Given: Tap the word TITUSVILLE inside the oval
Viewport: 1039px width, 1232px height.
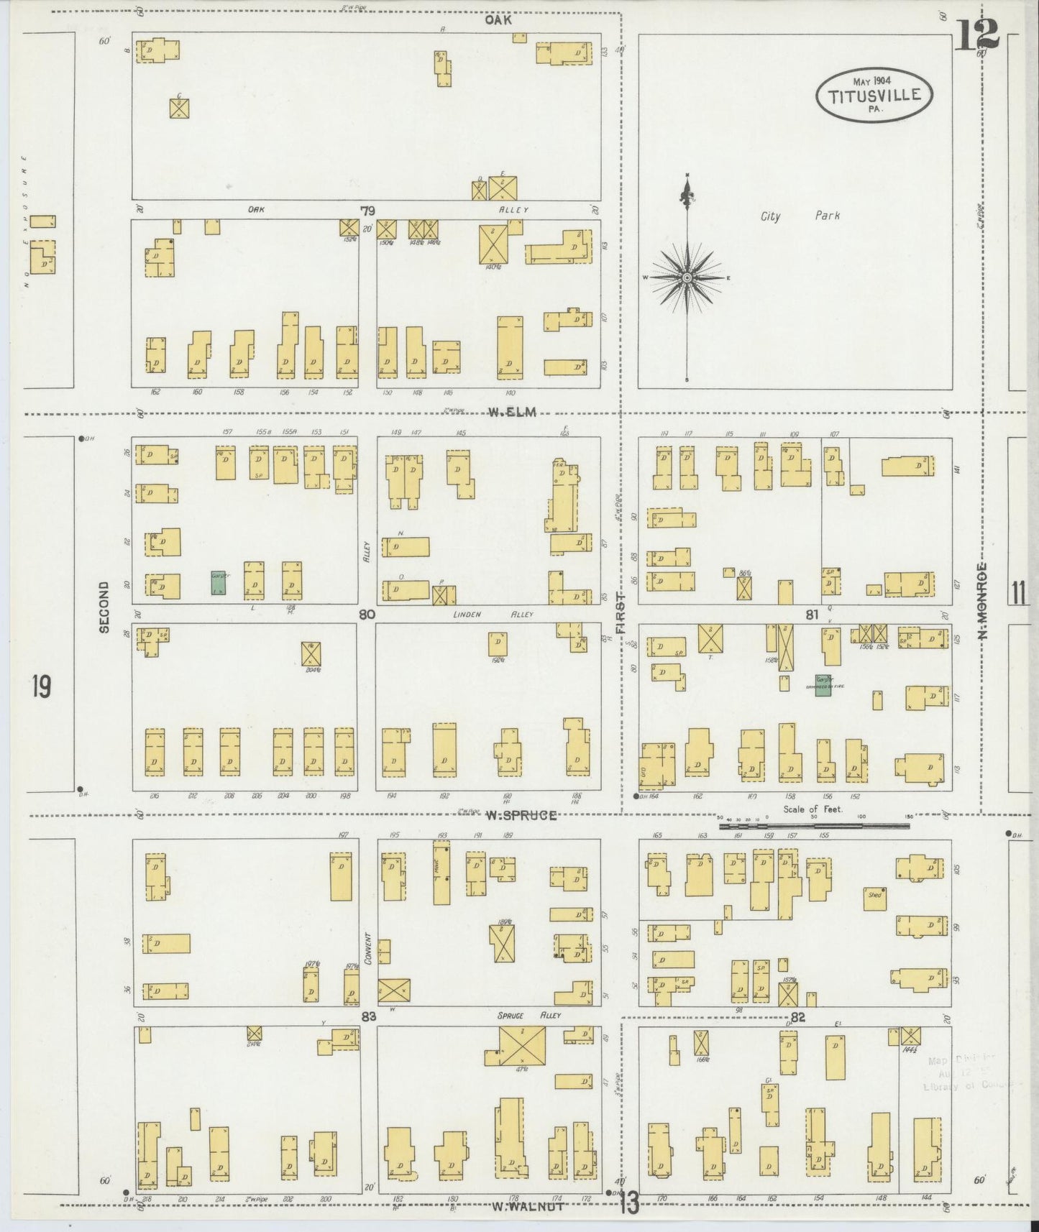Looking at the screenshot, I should pyautogui.click(x=874, y=95).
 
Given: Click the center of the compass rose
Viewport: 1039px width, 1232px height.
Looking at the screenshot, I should pyautogui.click(x=687, y=277).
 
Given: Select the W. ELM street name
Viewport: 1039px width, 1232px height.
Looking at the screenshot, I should pyautogui.click(x=513, y=412).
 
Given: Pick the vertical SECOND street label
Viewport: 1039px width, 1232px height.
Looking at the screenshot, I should pyautogui.click(x=104, y=607).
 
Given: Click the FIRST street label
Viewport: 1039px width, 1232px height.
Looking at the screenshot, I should pyautogui.click(x=620, y=614).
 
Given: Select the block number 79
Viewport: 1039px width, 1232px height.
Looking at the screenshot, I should pyautogui.click(x=367, y=211).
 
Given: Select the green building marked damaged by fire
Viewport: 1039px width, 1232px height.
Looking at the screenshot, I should pyautogui.click(x=823, y=684).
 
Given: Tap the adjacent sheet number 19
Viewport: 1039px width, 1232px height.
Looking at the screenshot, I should pyautogui.click(x=41, y=688).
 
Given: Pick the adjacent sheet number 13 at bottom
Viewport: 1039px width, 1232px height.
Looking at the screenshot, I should pyautogui.click(x=628, y=1205).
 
